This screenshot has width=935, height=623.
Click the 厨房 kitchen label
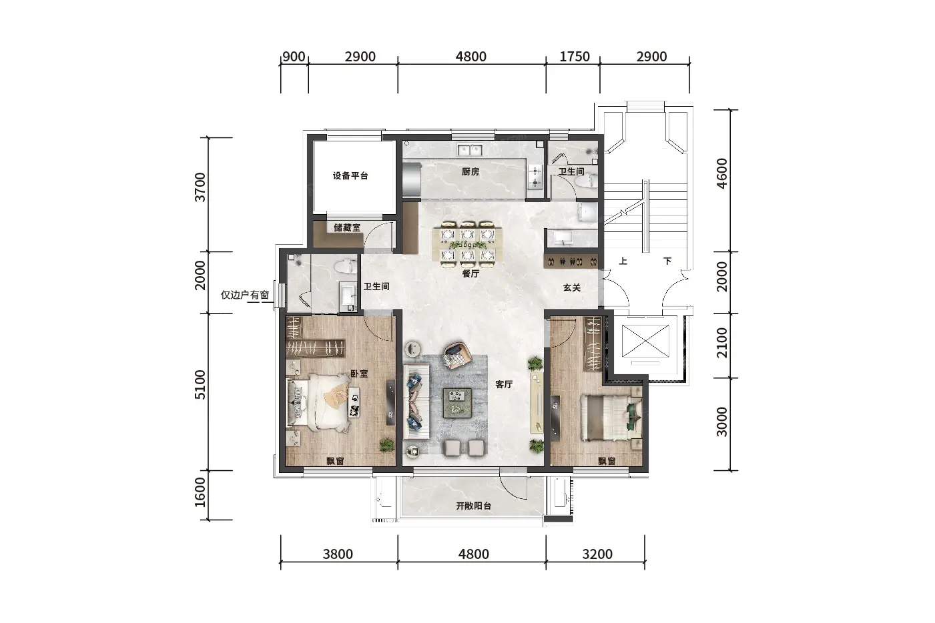(x=471, y=172)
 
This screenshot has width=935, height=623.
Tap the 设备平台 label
(x=350, y=175)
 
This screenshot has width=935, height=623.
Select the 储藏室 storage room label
(x=346, y=228)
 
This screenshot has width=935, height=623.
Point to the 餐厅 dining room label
(x=471, y=273)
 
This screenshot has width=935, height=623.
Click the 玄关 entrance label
(x=571, y=287)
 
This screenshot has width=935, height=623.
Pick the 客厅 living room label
(x=504, y=384)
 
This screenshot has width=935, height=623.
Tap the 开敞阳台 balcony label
(x=473, y=506)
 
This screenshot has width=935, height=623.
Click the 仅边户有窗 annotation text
(x=245, y=295)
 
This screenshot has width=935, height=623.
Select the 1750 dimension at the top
(x=575, y=56)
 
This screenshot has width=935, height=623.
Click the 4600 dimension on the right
(x=721, y=173)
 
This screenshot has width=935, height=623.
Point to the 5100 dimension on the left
(x=200, y=384)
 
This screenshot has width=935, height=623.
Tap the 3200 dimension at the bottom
(x=597, y=554)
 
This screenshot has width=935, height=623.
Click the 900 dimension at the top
(x=294, y=56)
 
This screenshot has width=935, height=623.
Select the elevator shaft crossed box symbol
(x=645, y=342)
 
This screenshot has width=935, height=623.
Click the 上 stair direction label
(x=623, y=261)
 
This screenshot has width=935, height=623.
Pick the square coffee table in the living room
(x=457, y=403)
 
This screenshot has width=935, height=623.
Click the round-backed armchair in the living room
(x=457, y=356)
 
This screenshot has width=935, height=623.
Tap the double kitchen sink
(x=470, y=149)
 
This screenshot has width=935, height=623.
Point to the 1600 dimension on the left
(x=200, y=492)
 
